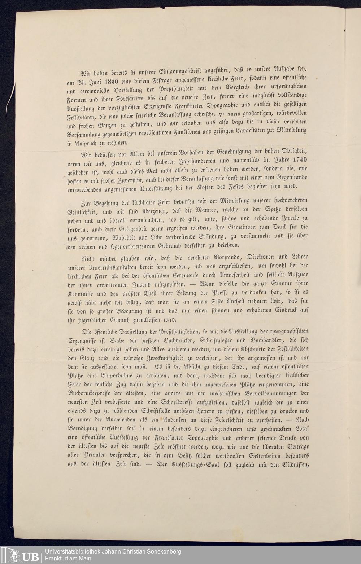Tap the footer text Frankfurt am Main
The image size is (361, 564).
click(68, 559)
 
